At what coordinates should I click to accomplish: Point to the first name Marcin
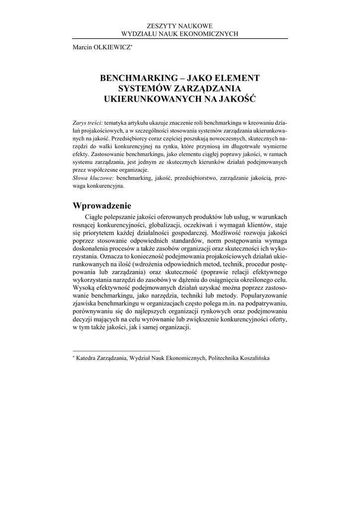pos(84,47)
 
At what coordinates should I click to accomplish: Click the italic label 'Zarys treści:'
pos(88,122)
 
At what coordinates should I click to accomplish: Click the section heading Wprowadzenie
pos(102,206)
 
